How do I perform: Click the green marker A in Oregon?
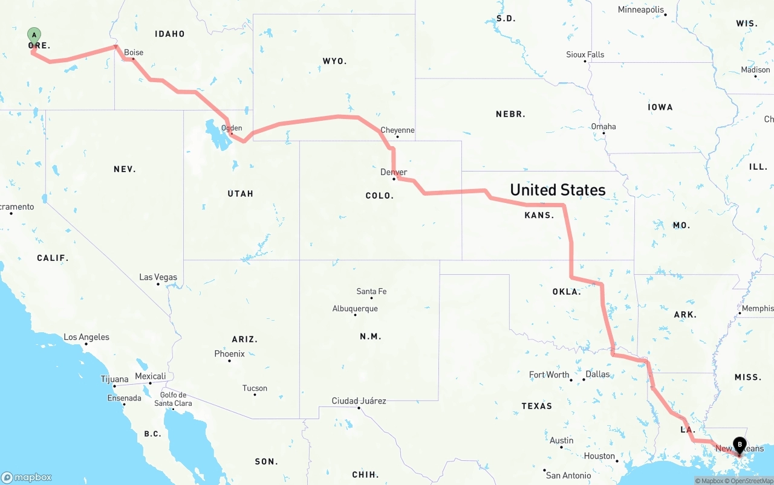34,35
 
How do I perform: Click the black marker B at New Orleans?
739,445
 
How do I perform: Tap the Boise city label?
134,53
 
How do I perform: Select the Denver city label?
394,172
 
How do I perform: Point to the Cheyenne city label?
397,130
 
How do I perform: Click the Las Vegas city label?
158,277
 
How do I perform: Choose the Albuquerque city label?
355,309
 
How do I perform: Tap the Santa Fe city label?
371,291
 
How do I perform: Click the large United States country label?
558,190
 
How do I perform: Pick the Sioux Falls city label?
585,54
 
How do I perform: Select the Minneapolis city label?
640,10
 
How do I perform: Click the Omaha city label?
603,126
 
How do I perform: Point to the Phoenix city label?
229,353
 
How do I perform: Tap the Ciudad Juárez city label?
359,400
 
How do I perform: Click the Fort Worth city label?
549,374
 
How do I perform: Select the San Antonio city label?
569,475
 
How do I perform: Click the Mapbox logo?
27,477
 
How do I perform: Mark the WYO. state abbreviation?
334,61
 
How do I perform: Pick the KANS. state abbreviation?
539,215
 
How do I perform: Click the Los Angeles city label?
86,337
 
